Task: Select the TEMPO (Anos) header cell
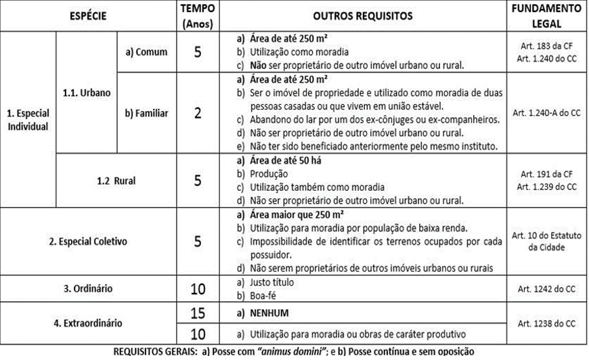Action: [198, 16]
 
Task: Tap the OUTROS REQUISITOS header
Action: [363, 15]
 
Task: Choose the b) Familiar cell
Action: [146, 113]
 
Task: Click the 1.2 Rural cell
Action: [115, 181]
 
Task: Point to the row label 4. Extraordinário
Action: [87, 323]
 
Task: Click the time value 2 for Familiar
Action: [198, 113]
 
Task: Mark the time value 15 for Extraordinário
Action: [198, 313]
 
